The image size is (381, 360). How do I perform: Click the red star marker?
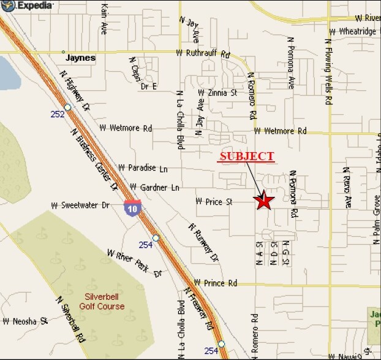[x=265, y=201]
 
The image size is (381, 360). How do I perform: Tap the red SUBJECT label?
[x=246, y=156]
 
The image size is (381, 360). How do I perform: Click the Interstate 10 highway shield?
[x=132, y=208]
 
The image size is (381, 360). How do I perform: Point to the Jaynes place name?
[x=81, y=58]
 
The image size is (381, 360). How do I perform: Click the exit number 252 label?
[x=56, y=115]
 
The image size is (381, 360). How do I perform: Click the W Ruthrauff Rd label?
[x=202, y=53]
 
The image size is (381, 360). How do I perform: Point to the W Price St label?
[x=215, y=201]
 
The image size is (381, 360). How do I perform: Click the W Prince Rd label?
[x=214, y=283]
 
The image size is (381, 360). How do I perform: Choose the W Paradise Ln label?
[x=143, y=167]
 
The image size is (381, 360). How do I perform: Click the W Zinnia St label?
[x=217, y=93]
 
